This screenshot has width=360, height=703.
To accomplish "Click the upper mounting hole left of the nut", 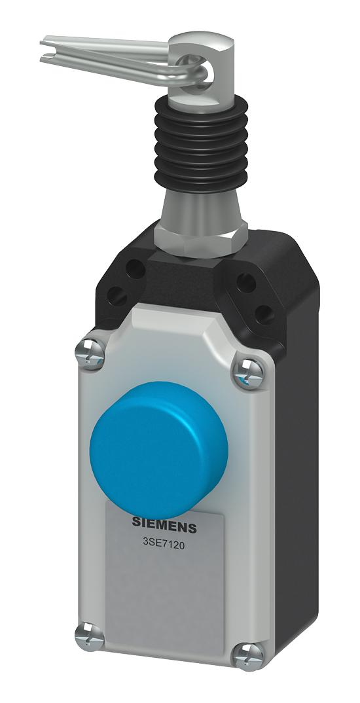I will point(137,268).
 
